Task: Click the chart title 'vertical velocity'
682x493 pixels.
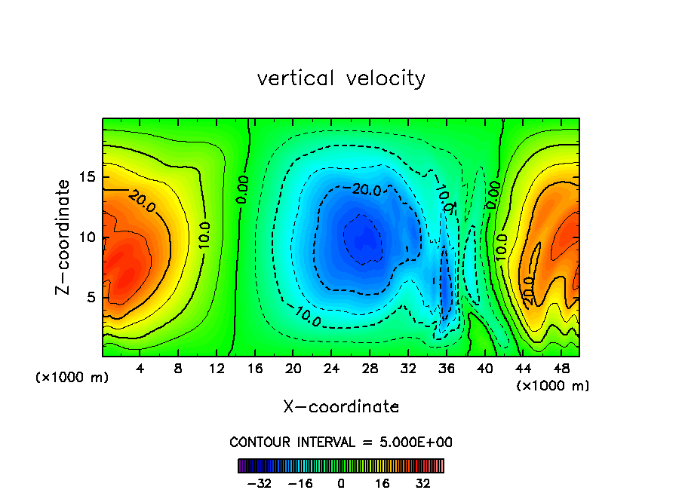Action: [x=341, y=78]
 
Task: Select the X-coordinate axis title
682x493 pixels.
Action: [x=341, y=407]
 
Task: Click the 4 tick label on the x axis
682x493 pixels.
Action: [x=140, y=369]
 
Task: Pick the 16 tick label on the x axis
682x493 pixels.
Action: [x=255, y=369]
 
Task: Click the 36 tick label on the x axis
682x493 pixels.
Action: [x=446, y=369]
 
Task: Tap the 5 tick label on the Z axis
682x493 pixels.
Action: [x=91, y=297]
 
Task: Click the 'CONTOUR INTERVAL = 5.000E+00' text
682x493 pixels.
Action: [x=341, y=442]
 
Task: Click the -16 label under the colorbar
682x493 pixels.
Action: [x=300, y=483]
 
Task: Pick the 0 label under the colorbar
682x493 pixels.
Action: [x=341, y=483]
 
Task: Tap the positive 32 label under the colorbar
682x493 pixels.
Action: [x=423, y=483]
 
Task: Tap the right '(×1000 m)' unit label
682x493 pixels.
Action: [x=553, y=386]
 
